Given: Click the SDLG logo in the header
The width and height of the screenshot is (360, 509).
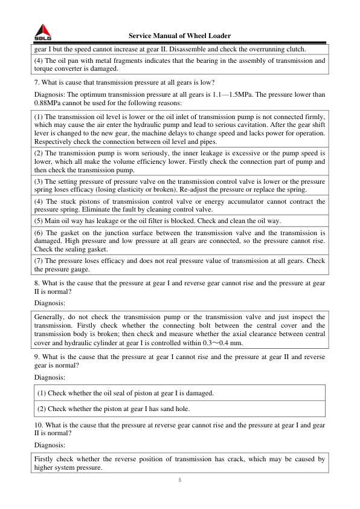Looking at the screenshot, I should click(x=42, y=32).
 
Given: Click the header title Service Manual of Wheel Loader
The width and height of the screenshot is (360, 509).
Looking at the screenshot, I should click(x=179, y=36).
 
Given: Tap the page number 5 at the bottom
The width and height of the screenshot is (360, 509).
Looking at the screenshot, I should click(x=179, y=480).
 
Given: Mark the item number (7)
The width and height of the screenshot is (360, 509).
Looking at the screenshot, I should click(x=40, y=261).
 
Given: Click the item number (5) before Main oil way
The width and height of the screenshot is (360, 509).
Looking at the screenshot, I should click(x=40, y=220).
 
